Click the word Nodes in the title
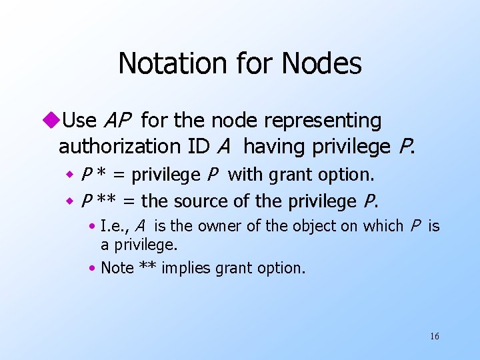pos(322,64)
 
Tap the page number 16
pos(434,336)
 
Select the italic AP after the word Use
pos(118,121)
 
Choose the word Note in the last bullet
pos(117,268)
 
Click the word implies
pos(183,268)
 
